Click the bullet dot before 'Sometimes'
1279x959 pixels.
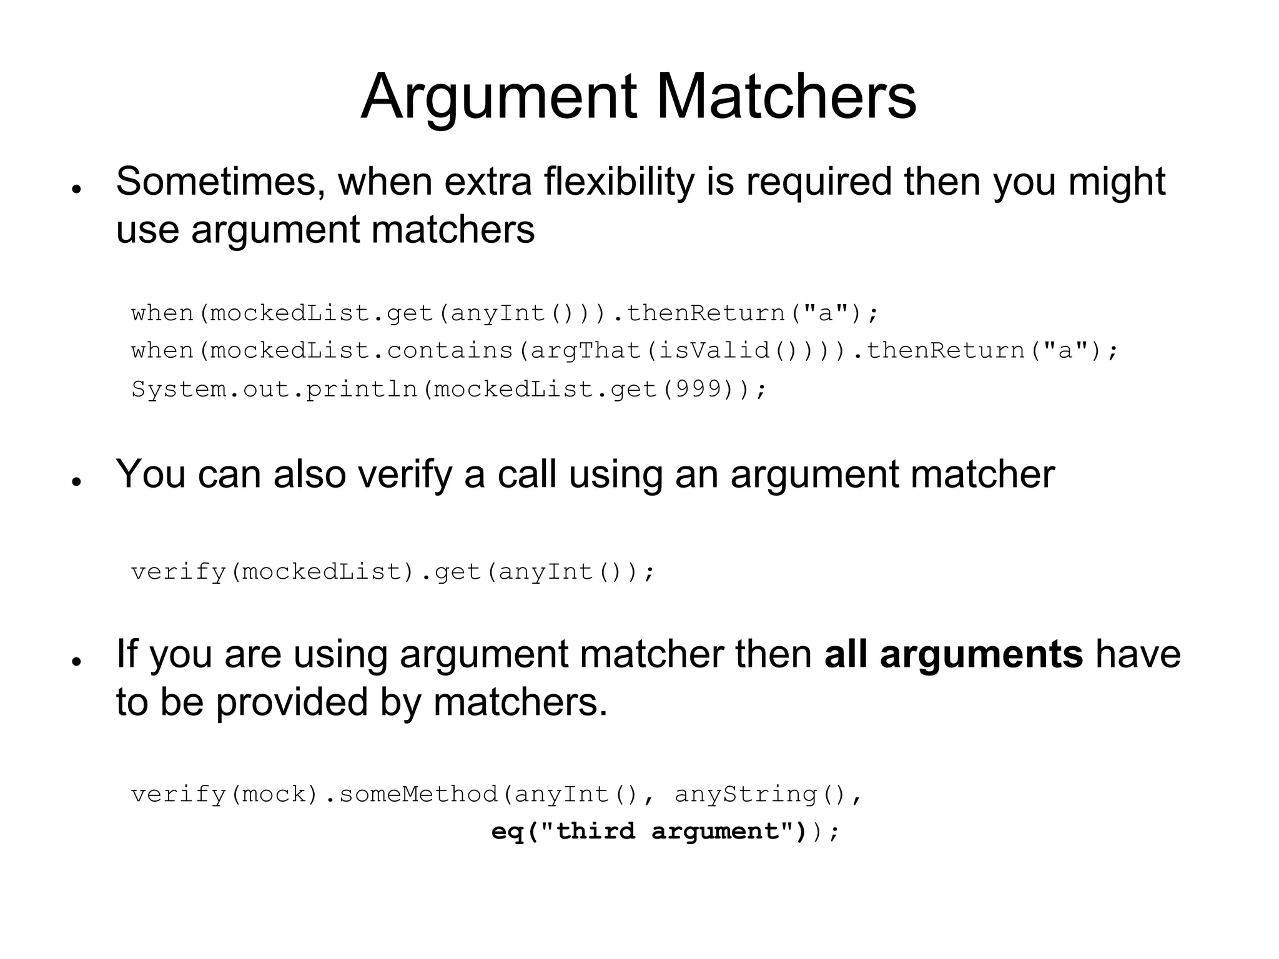[77, 189]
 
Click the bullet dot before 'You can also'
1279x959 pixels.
[77, 481]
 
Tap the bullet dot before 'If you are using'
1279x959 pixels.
[77, 661]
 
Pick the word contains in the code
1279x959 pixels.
[450, 351]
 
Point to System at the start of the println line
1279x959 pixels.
[179, 390]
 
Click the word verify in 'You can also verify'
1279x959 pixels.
[405, 475]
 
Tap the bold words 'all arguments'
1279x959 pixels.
[954, 654]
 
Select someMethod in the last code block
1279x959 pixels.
[418, 794]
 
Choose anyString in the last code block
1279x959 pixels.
[746, 794]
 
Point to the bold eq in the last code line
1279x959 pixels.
[507, 832]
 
